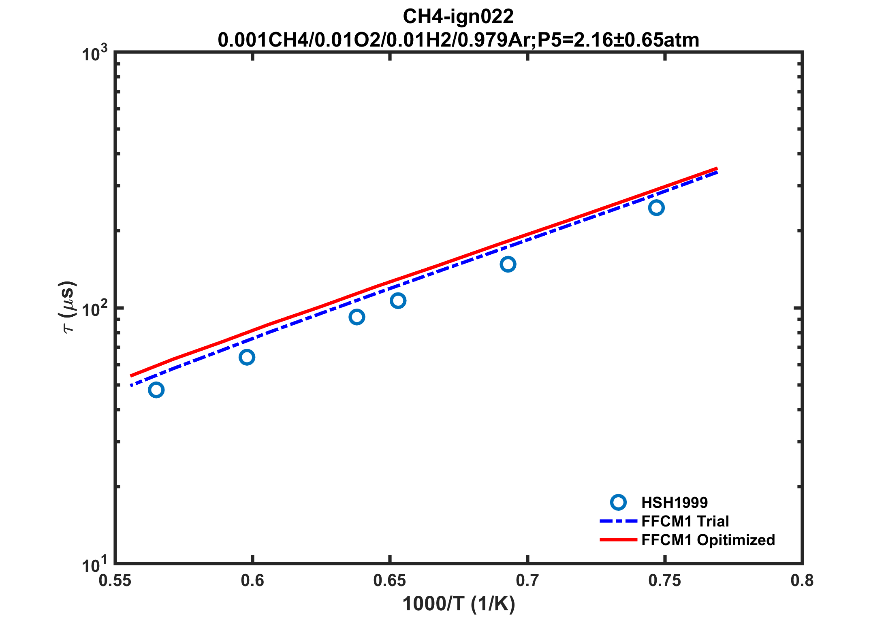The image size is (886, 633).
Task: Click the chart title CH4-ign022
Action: (458, 17)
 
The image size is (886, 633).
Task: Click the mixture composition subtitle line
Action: (458, 40)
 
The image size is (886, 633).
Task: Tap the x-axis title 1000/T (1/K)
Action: (458, 604)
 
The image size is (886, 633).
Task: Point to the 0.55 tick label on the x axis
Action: (115, 581)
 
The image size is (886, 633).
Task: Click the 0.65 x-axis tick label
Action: (389, 581)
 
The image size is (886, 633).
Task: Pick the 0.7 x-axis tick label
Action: (527, 581)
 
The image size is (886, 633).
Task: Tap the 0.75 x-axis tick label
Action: (664, 581)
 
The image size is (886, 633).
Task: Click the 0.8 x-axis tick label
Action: (802, 581)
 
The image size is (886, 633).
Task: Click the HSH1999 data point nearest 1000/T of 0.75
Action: (656, 208)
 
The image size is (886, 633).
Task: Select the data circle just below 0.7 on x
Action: (508, 264)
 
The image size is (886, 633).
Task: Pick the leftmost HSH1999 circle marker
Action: (156, 390)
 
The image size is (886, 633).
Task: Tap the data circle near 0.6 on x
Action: (247, 357)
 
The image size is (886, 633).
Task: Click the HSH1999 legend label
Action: (675, 503)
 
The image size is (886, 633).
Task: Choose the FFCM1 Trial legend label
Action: (685, 521)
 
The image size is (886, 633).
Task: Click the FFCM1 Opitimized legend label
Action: (708, 540)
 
